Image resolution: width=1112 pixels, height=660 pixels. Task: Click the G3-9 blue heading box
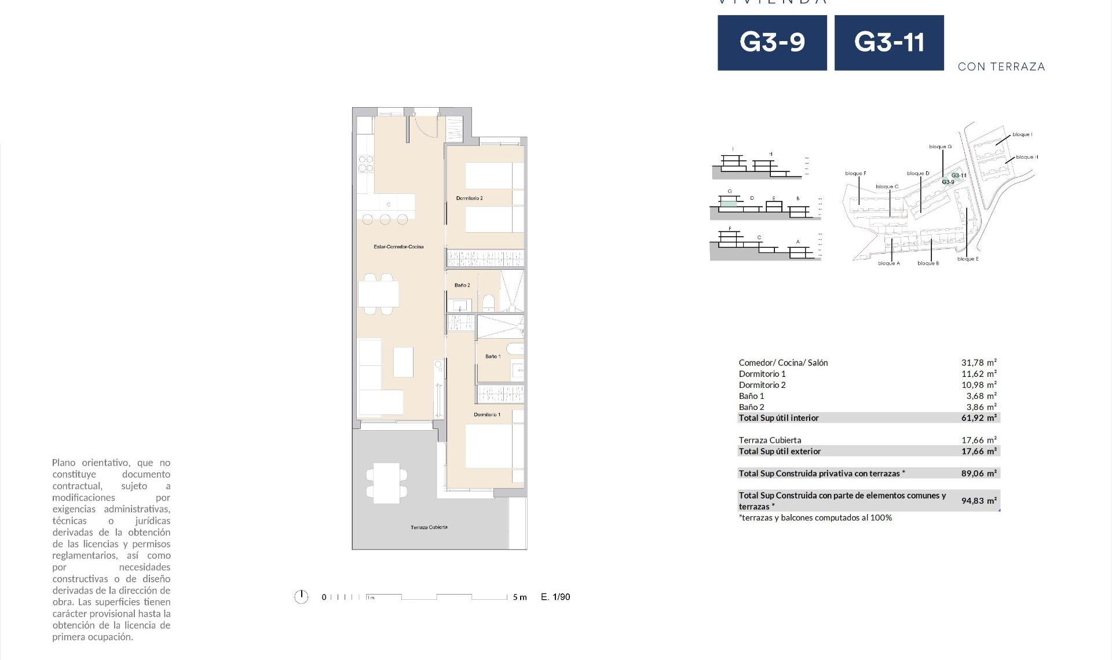pyautogui.click(x=772, y=43)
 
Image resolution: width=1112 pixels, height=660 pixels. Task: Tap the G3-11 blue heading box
pyautogui.click(x=889, y=43)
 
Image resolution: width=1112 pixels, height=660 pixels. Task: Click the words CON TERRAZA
pyautogui.click(x=1001, y=67)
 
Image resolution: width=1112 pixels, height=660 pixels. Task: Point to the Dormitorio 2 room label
pyautogui.click(x=469, y=199)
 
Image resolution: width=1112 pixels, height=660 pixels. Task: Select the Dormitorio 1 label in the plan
pyautogui.click(x=487, y=415)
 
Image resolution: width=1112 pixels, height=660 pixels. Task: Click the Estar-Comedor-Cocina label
pyautogui.click(x=398, y=247)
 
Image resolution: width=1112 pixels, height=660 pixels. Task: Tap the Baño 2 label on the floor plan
pyautogui.click(x=462, y=285)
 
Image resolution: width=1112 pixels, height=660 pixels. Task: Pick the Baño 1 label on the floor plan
pyautogui.click(x=492, y=357)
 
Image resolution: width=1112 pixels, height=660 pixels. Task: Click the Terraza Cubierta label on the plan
pyautogui.click(x=429, y=527)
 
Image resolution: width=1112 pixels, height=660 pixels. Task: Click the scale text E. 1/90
pyautogui.click(x=555, y=597)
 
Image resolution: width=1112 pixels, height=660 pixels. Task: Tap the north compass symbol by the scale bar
pyautogui.click(x=301, y=597)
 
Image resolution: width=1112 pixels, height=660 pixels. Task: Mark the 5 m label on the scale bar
pyautogui.click(x=520, y=597)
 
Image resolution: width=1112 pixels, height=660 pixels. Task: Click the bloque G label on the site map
pyautogui.click(x=940, y=147)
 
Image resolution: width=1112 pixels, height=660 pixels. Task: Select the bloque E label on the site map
pyautogui.click(x=968, y=259)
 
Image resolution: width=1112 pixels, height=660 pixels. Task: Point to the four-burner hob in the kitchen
pyautogui.click(x=365, y=164)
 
